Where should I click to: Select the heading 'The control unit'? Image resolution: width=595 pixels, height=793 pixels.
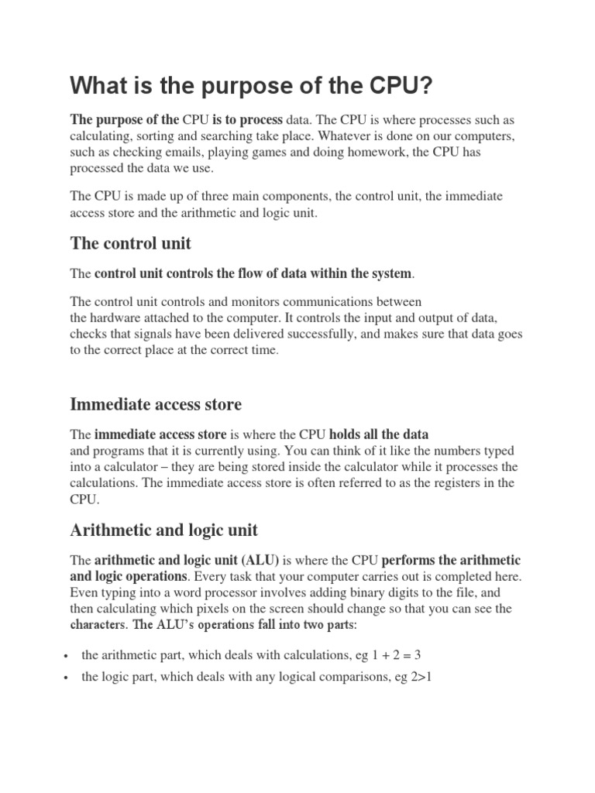coord(130,243)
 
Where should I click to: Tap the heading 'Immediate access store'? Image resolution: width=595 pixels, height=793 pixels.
coord(156,404)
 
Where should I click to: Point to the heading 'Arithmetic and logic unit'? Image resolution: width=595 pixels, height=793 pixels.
coord(163,530)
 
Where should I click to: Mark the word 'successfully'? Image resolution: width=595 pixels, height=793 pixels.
coord(328,335)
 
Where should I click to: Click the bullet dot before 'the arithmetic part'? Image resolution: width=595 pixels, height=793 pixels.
coord(70,656)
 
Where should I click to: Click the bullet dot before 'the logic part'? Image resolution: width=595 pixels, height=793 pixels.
coord(70,678)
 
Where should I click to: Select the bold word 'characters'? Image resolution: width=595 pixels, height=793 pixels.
coord(98,625)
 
